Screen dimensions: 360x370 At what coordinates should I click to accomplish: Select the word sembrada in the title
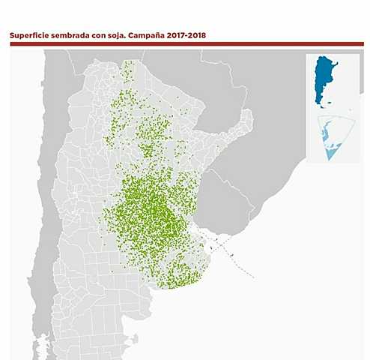click(73, 34)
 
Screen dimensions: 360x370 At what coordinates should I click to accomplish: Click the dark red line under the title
click(186, 44)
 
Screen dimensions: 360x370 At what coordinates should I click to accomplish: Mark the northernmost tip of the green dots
click(126, 63)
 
